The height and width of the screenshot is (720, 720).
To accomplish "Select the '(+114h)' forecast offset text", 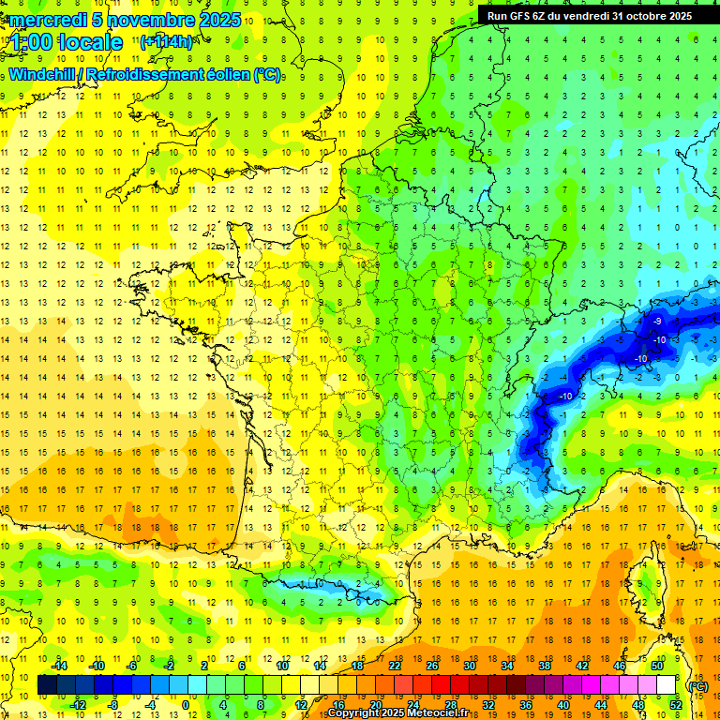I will coord(166,42).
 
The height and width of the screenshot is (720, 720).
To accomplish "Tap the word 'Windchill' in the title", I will coord(39,75).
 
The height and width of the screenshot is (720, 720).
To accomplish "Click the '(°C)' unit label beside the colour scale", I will coord(698,686).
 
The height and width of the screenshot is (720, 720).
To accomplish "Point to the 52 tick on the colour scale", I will coord(676,705).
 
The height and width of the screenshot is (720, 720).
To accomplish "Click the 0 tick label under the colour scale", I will coord(186,705).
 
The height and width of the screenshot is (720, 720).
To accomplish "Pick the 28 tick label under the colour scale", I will coord(450,705).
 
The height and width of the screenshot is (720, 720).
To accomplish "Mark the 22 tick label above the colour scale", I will coord(395,666).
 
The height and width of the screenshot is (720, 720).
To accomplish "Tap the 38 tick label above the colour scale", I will coord(545,666).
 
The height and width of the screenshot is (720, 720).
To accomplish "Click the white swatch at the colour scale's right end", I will coord(667,685).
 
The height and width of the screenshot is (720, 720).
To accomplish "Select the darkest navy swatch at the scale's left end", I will coord(47,685).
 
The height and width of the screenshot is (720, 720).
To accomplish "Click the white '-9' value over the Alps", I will coord(656,321).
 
